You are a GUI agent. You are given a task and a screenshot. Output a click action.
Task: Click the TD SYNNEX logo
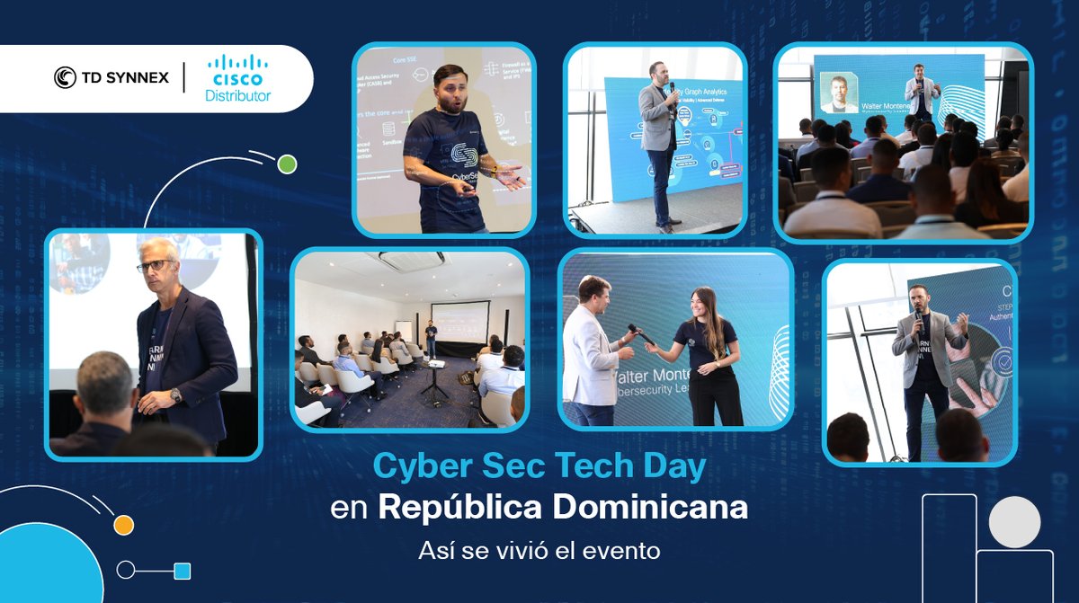pyautogui.click(x=111, y=78)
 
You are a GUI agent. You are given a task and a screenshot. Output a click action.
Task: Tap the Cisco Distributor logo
pyautogui.click(x=237, y=78)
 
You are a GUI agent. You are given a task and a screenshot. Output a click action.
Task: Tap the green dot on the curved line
pyautogui.click(x=287, y=164)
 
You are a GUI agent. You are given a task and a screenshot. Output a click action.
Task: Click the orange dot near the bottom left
pyautogui.click(x=124, y=525)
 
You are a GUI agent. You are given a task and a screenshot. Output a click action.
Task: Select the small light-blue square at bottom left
pyautogui.click(x=183, y=571)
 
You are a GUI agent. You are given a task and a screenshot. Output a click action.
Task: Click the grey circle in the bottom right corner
pyautogui.click(x=1014, y=521)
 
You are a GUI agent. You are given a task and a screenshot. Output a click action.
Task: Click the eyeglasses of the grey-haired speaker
pyautogui.click(x=155, y=266)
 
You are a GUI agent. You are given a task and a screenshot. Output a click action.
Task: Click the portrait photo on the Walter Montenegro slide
pyautogui.click(x=839, y=93)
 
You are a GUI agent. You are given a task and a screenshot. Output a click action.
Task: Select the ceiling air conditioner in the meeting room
pyautogui.click(x=411, y=261)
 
